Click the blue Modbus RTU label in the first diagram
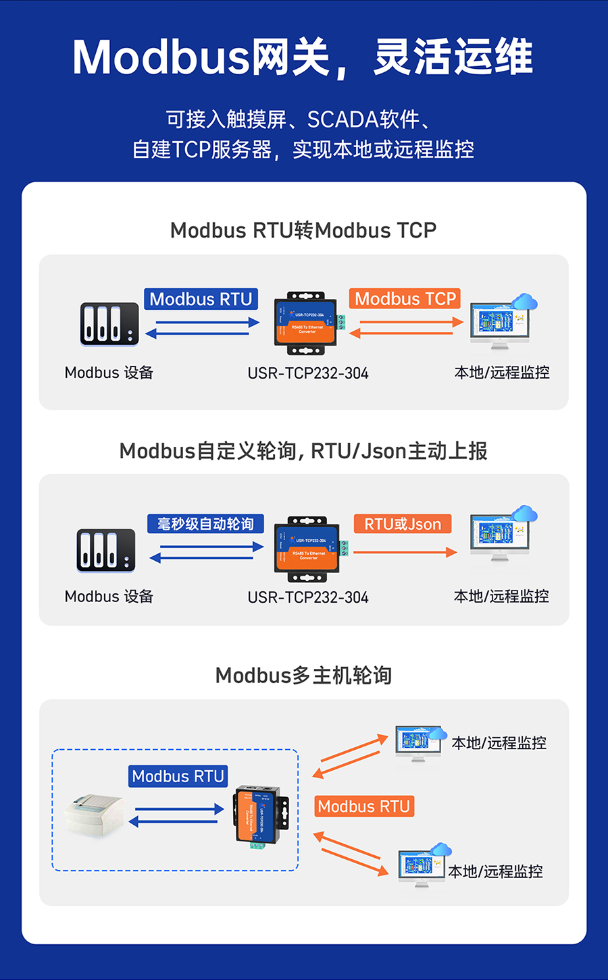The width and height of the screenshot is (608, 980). (201, 299)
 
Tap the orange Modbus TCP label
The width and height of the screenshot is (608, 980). (405, 299)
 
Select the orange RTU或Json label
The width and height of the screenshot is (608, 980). (403, 524)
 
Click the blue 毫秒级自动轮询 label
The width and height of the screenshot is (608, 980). (205, 524)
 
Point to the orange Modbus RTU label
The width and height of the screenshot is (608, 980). (363, 807)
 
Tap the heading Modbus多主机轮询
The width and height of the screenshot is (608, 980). (303, 675)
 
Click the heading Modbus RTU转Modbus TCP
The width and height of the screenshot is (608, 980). (303, 230)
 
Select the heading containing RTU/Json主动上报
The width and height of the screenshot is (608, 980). (303, 451)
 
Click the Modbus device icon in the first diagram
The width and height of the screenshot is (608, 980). (109, 324)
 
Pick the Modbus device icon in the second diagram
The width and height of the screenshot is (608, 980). (106, 550)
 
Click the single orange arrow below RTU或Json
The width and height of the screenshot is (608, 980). (405, 552)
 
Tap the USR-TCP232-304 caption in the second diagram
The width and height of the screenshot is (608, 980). (308, 597)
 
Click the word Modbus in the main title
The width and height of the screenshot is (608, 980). (161, 57)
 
